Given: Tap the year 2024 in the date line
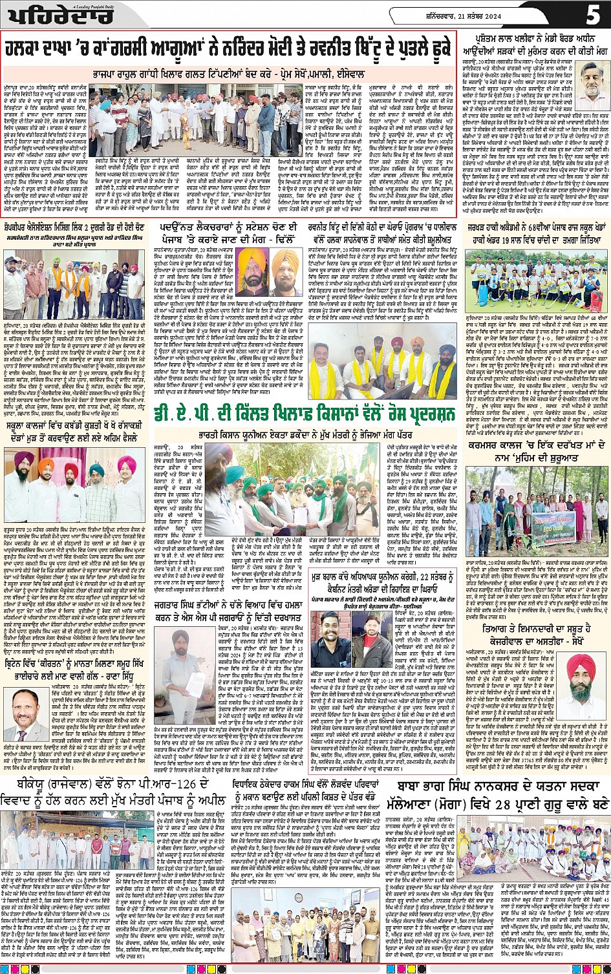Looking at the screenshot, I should point(553,15).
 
